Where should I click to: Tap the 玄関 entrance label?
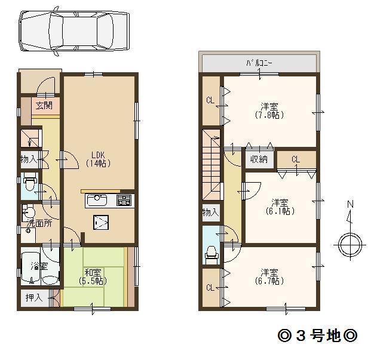(43, 106)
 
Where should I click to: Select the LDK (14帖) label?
(96, 157)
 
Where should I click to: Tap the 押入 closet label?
(33, 297)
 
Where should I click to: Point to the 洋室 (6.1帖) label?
(280, 206)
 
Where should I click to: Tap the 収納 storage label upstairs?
(259, 159)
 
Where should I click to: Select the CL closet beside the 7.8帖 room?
(210, 100)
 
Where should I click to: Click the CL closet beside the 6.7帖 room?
(210, 288)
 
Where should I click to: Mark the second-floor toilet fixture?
(210, 255)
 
